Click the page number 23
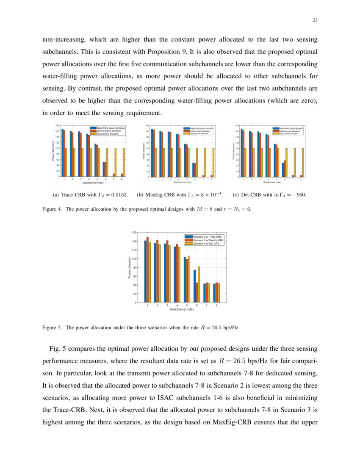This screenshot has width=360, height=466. coord(315,20)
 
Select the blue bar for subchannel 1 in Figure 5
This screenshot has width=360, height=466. coord(145,272)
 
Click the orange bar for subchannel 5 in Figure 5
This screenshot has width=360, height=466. coord(187,280)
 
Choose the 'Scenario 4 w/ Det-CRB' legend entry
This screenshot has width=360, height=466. coord(206,244)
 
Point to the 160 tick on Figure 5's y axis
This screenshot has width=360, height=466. coord(134,233)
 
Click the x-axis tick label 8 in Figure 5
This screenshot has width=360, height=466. coord(217,305)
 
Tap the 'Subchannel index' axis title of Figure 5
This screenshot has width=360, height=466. coord(182,310)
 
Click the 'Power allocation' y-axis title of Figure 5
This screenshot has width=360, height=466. coord(130,268)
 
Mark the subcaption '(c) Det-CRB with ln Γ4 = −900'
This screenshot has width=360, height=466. coord(269,195)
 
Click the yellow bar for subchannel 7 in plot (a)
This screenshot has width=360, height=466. coord(115,162)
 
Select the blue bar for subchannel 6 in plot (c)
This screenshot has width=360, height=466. coord(283,170)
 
